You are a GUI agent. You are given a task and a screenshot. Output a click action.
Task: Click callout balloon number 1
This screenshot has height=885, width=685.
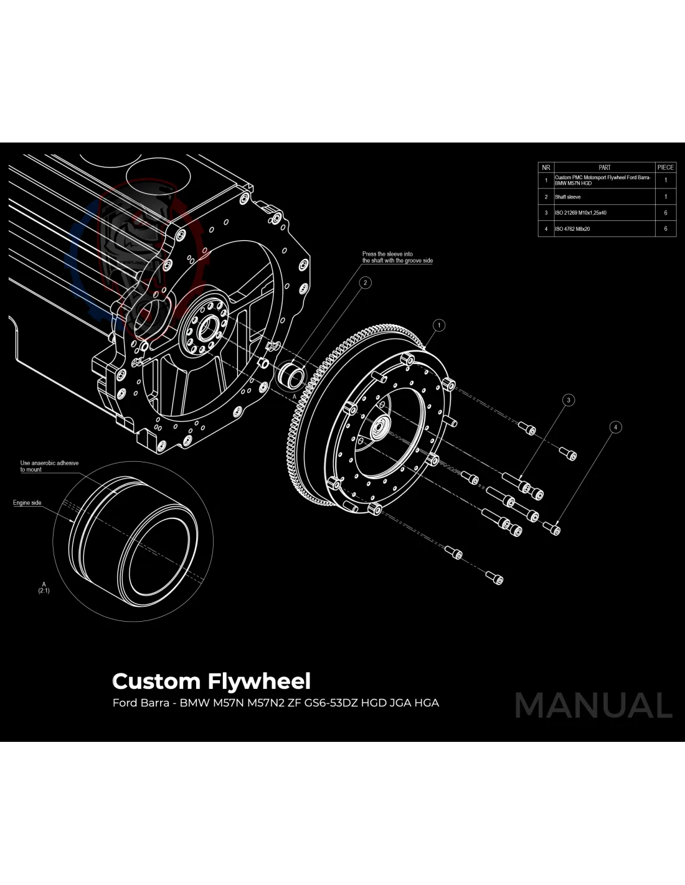(x=439, y=325)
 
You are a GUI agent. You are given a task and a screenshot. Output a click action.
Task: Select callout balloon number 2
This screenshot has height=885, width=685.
(x=365, y=283)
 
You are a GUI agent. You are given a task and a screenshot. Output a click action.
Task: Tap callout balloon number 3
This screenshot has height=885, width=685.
(x=568, y=400)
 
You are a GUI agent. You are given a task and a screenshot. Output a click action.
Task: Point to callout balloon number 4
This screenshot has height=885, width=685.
(x=615, y=427)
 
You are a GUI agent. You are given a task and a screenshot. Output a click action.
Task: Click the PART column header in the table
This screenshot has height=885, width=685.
(x=604, y=167)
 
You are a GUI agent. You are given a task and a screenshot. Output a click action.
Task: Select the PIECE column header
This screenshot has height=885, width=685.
(x=665, y=167)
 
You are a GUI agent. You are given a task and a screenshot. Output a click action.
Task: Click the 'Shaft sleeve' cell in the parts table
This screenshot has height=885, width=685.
(x=568, y=197)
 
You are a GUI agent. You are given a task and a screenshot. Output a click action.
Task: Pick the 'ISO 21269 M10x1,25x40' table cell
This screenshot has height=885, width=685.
(x=581, y=213)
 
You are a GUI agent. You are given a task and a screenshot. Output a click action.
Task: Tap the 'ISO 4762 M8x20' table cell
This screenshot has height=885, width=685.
(x=573, y=229)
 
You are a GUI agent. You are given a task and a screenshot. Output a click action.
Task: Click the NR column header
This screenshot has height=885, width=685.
(x=546, y=167)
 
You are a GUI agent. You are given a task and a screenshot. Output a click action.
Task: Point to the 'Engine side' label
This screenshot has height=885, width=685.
(x=27, y=503)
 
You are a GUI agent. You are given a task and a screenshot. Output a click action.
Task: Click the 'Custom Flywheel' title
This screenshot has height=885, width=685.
(x=211, y=681)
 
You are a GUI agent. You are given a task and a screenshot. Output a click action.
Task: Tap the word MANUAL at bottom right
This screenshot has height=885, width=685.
(x=593, y=706)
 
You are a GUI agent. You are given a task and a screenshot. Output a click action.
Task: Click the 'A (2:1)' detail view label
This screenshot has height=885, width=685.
(x=44, y=587)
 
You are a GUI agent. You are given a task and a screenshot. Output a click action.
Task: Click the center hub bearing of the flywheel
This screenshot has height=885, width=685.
(x=379, y=429)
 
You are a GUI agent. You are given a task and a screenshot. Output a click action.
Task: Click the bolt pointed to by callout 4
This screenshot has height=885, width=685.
(x=552, y=528)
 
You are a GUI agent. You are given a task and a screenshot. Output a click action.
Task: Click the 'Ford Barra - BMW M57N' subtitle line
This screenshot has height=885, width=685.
(x=275, y=703)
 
